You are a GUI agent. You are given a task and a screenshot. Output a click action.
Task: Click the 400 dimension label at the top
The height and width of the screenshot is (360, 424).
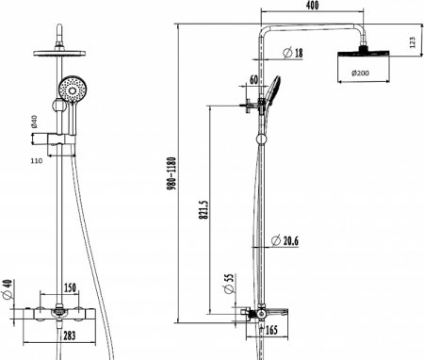pos(312,6)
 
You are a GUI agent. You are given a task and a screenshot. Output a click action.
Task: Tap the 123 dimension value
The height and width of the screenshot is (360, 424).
pos(413,42)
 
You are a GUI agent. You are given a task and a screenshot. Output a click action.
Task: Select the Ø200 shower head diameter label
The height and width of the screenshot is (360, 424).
pos(361,74)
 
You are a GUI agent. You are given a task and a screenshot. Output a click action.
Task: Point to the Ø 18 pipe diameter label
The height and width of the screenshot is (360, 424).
pos(293,53)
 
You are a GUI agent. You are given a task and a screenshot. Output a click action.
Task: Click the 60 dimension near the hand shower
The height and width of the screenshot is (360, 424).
pos(253,80)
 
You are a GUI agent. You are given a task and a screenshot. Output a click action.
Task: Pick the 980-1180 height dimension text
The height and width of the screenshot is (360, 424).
pos(171,173)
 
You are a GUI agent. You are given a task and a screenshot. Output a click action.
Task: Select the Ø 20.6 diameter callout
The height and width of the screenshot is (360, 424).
pos(285,241)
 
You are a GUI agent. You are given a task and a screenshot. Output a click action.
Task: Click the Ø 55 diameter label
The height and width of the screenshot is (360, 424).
pos(229,284)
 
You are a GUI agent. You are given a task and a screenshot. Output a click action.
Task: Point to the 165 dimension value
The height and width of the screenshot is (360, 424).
pos(271,330)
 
